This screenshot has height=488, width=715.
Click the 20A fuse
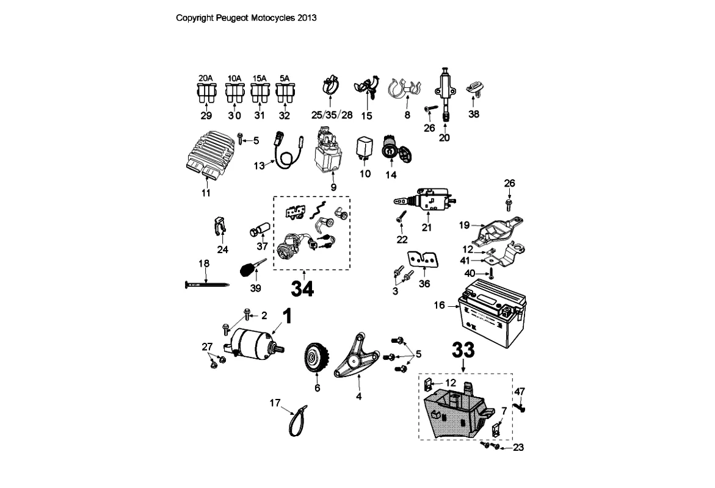206,93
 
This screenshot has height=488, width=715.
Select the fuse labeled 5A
284,93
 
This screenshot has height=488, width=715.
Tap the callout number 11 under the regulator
206,193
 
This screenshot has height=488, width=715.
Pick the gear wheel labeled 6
317,360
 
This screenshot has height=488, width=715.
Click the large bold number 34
302,288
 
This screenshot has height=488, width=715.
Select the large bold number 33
463,350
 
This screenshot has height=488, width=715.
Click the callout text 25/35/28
332,115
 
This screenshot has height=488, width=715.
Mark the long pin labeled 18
206,284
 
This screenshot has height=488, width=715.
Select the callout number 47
520,391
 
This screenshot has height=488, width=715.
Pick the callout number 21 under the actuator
427,228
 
